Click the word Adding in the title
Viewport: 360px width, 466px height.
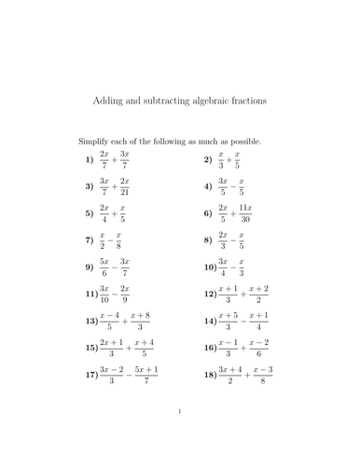tap(114, 98)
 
